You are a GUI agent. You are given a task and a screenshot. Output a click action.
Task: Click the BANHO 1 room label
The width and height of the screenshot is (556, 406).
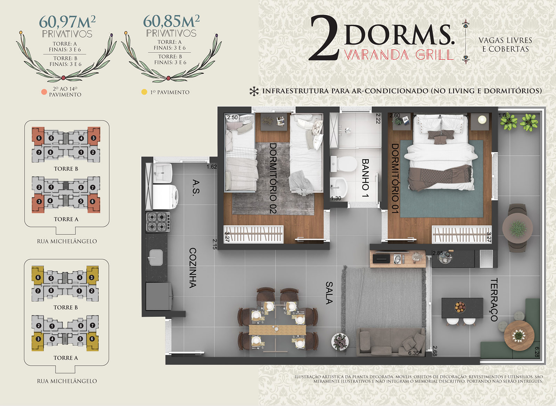click(x=365, y=178)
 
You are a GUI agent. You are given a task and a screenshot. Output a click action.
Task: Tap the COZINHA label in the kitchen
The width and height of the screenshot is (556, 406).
click(x=193, y=268)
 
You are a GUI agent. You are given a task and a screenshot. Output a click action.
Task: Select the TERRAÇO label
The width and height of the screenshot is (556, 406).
click(x=494, y=300)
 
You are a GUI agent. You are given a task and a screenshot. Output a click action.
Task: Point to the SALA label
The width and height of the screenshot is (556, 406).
click(x=329, y=293)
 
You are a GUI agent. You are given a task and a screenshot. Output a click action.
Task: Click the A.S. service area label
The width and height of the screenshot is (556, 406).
click(x=196, y=188)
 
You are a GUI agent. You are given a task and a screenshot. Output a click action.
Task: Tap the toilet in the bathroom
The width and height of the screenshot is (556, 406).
click(x=344, y=164)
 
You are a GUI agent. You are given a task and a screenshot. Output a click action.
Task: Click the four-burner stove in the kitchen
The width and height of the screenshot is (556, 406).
click(x=158, y=222)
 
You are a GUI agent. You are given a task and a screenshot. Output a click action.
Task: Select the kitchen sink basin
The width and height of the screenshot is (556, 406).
click(x=156, y=258)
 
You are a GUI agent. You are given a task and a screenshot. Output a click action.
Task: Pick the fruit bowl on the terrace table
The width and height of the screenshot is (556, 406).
click(x=460, y=307)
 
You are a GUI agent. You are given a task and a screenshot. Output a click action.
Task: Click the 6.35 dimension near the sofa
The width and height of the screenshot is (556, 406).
click(x=414, y=353)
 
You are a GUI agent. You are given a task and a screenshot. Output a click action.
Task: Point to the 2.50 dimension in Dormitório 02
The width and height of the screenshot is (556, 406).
click(x=232, y=117)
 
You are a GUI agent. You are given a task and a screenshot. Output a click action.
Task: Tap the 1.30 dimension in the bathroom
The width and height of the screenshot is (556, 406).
click(x=336, y=198)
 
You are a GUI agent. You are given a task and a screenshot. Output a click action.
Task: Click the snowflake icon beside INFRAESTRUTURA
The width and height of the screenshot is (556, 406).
click(x=254, y=91)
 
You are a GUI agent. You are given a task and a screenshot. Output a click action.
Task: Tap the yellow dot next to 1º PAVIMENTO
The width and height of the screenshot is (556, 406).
click(x=144, y=92)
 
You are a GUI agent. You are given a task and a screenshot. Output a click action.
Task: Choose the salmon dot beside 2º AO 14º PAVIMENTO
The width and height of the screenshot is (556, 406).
click(x=44, y=92)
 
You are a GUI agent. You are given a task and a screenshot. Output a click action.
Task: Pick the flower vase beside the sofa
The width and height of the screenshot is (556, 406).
click(x=340, y=342)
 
